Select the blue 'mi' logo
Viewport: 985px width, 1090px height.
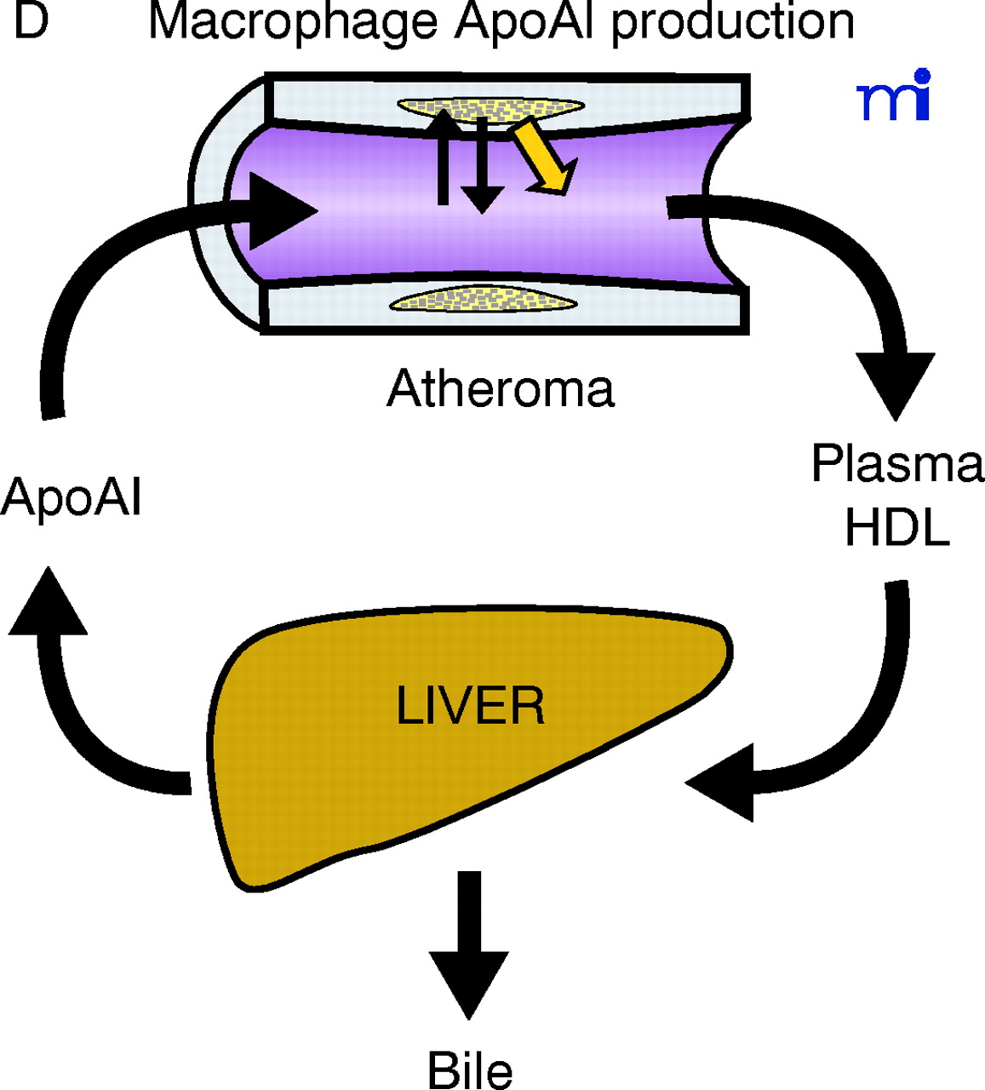(894, 95)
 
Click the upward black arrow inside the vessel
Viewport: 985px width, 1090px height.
(443, 158)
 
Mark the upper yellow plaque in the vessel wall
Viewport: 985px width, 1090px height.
(490, 107)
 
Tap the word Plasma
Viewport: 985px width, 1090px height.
(897, 464)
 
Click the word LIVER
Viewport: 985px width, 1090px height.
(470, 706)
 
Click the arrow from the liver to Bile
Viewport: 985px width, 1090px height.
(469, 945)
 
